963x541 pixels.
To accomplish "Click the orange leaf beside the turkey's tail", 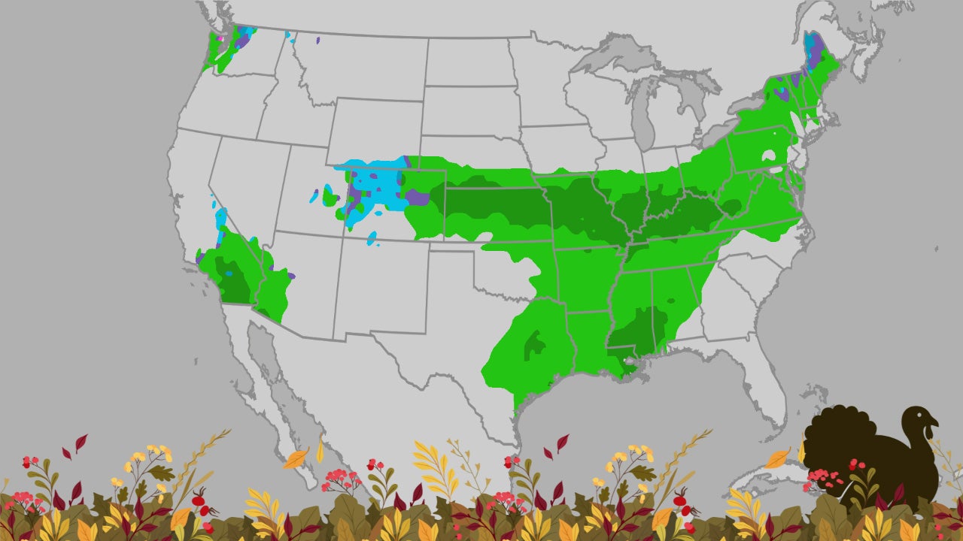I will tap(777, 458).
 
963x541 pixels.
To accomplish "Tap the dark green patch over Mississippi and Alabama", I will tap(639, 331).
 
